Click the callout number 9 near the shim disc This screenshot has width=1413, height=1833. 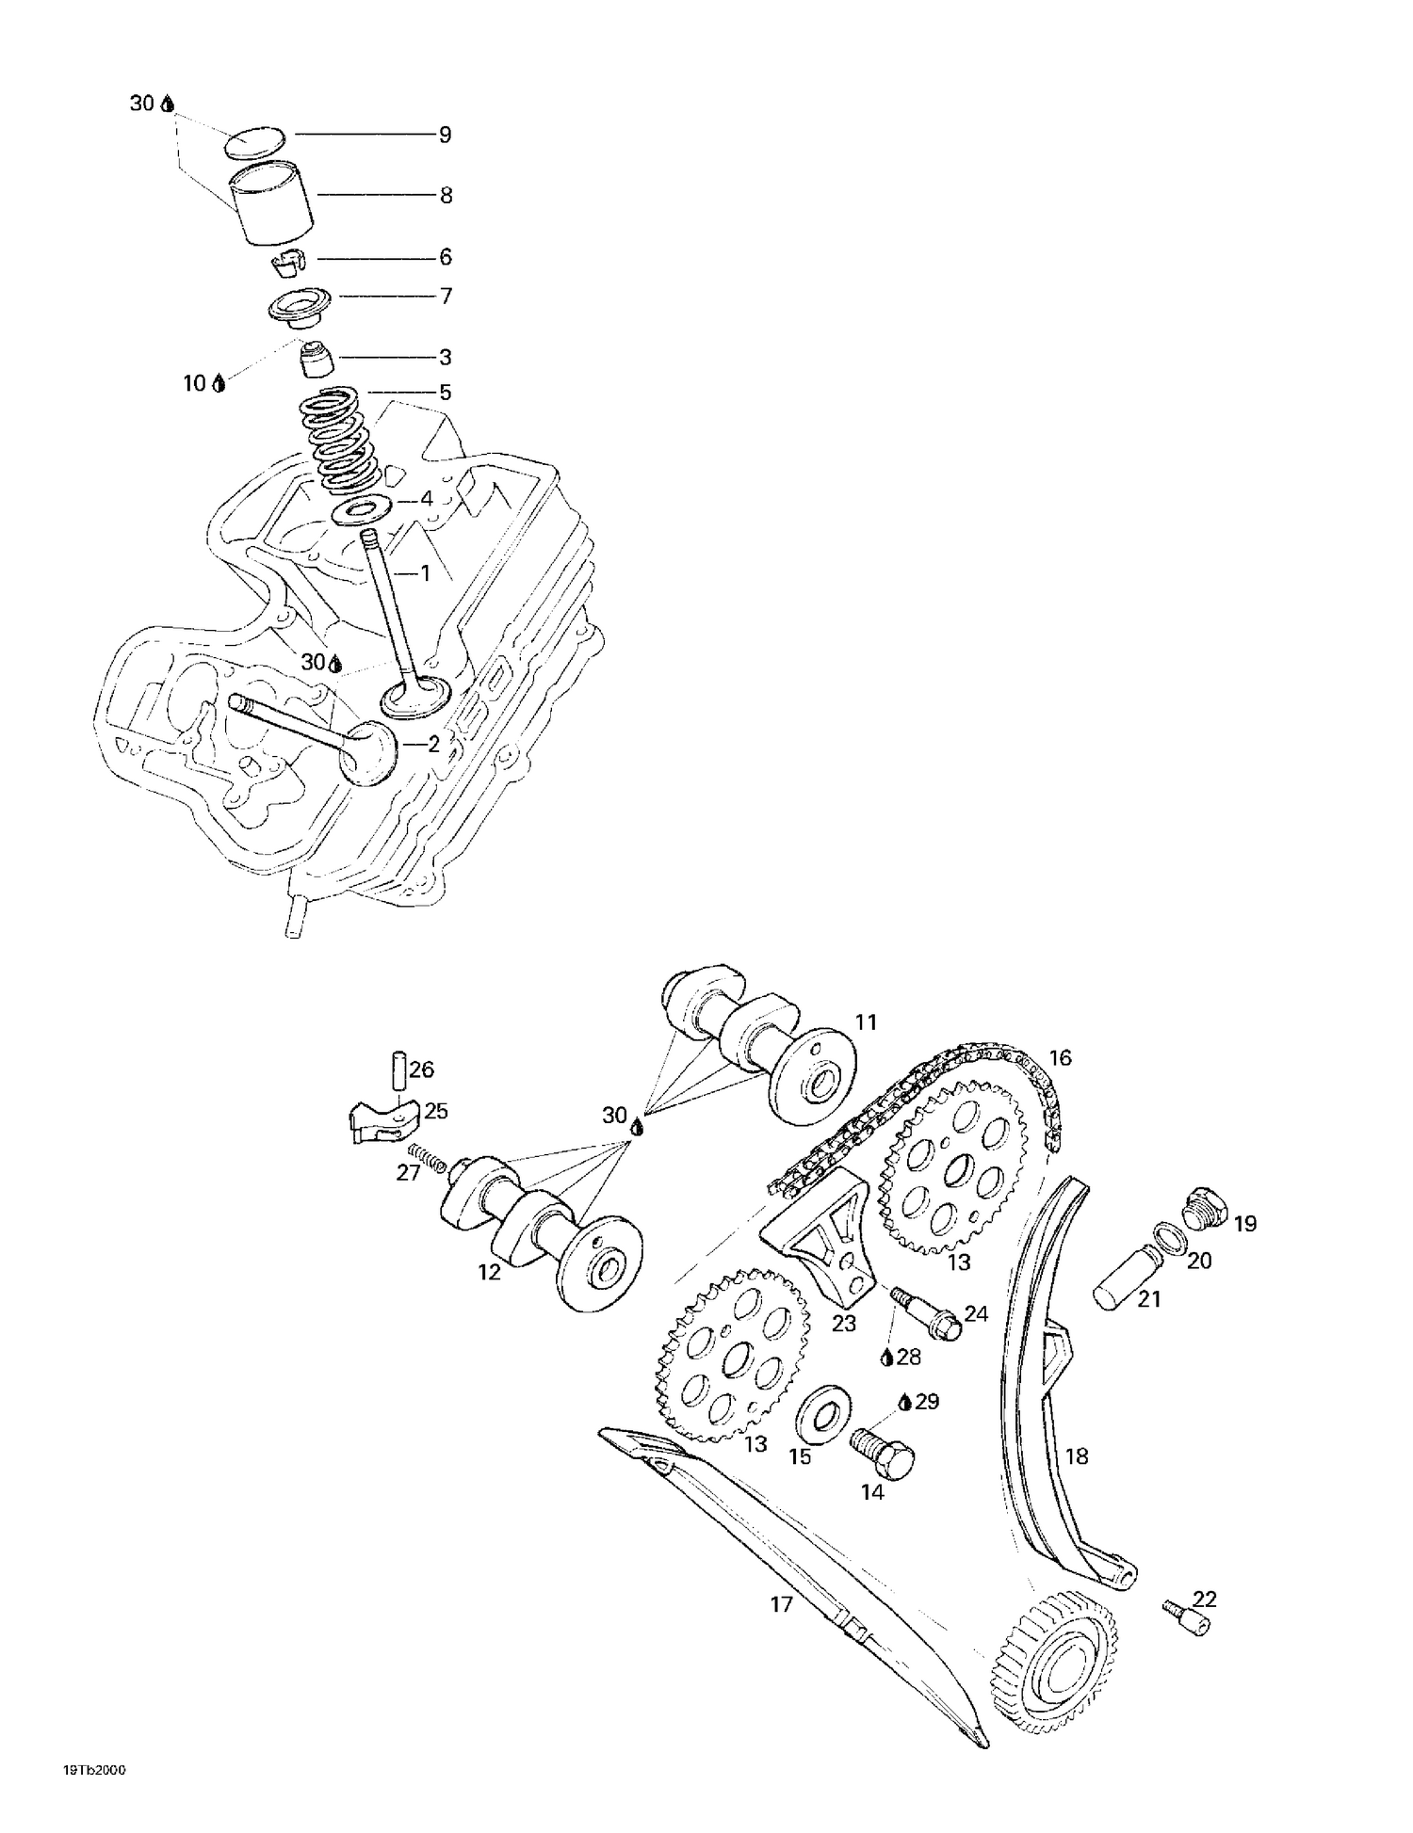(x=446, y=136)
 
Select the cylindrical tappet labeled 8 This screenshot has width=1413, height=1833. (x=274, y=203)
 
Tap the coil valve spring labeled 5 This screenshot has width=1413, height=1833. (x=340, y=440)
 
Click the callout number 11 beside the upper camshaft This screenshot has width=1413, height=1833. (x=866, y=1022)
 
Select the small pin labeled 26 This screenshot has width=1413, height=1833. (x=398, y=1070)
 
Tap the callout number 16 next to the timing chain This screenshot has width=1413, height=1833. (x=1060, y=1058)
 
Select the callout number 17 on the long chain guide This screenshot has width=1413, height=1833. (x=782, y=1604)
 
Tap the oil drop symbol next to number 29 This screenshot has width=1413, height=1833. (x=904, y=1402)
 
